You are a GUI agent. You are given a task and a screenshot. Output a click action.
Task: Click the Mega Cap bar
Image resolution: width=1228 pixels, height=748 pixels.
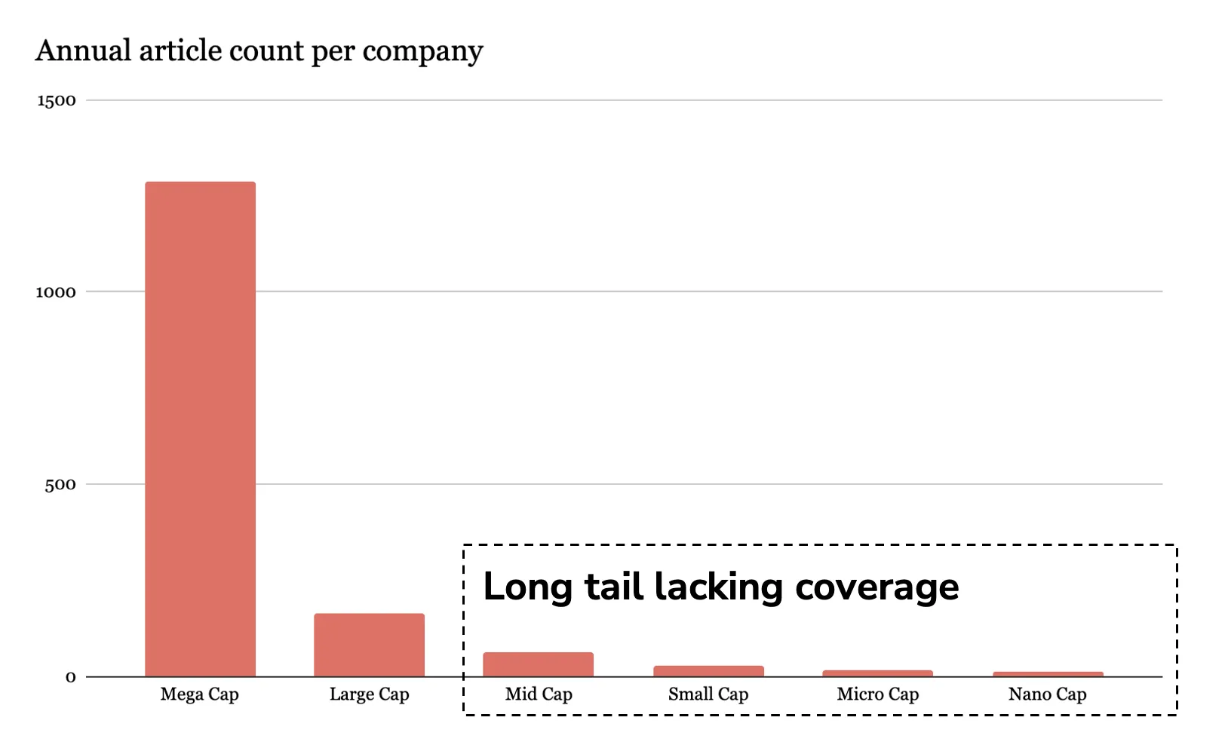[x=200, y=429]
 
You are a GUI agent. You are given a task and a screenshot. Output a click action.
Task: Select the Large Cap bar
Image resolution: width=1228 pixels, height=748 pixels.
[x=369, y=645]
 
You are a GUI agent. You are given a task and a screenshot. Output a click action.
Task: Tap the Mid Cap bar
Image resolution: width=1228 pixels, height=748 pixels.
[x=538, y=664]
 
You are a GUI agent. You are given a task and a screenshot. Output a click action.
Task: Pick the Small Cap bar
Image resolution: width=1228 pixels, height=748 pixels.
[x=708, y=671]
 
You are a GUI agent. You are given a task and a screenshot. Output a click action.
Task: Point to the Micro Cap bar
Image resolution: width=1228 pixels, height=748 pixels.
[x=877, y=673]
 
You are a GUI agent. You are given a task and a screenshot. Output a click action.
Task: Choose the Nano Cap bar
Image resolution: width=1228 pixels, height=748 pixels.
[x=1048, y=674]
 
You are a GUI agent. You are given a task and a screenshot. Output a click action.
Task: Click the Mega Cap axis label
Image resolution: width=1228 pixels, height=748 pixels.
[x=199, y=694]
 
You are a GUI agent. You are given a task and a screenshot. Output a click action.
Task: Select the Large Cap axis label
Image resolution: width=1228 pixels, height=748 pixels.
[x=369, y=694]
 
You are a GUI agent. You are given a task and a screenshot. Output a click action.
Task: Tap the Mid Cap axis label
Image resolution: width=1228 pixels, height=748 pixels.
[x=539, y=694]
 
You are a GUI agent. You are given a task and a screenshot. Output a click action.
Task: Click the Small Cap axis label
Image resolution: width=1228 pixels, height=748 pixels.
[x=708, y=694]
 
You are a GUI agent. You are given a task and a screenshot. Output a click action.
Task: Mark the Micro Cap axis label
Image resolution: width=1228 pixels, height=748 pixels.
[x=877, y=694]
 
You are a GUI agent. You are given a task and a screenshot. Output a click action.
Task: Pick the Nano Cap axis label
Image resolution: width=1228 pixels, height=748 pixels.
[x=1047, y=694]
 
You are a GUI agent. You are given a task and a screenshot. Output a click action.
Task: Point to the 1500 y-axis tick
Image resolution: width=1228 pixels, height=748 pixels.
[x=57, y=101]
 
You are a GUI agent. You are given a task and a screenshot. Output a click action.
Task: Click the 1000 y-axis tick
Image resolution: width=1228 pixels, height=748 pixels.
[x=56, y=293]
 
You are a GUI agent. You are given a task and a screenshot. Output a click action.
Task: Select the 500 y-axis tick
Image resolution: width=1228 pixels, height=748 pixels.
[x=60, y=485]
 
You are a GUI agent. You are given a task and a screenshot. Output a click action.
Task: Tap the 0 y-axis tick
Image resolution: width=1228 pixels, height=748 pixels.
[x=70, y=677]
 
